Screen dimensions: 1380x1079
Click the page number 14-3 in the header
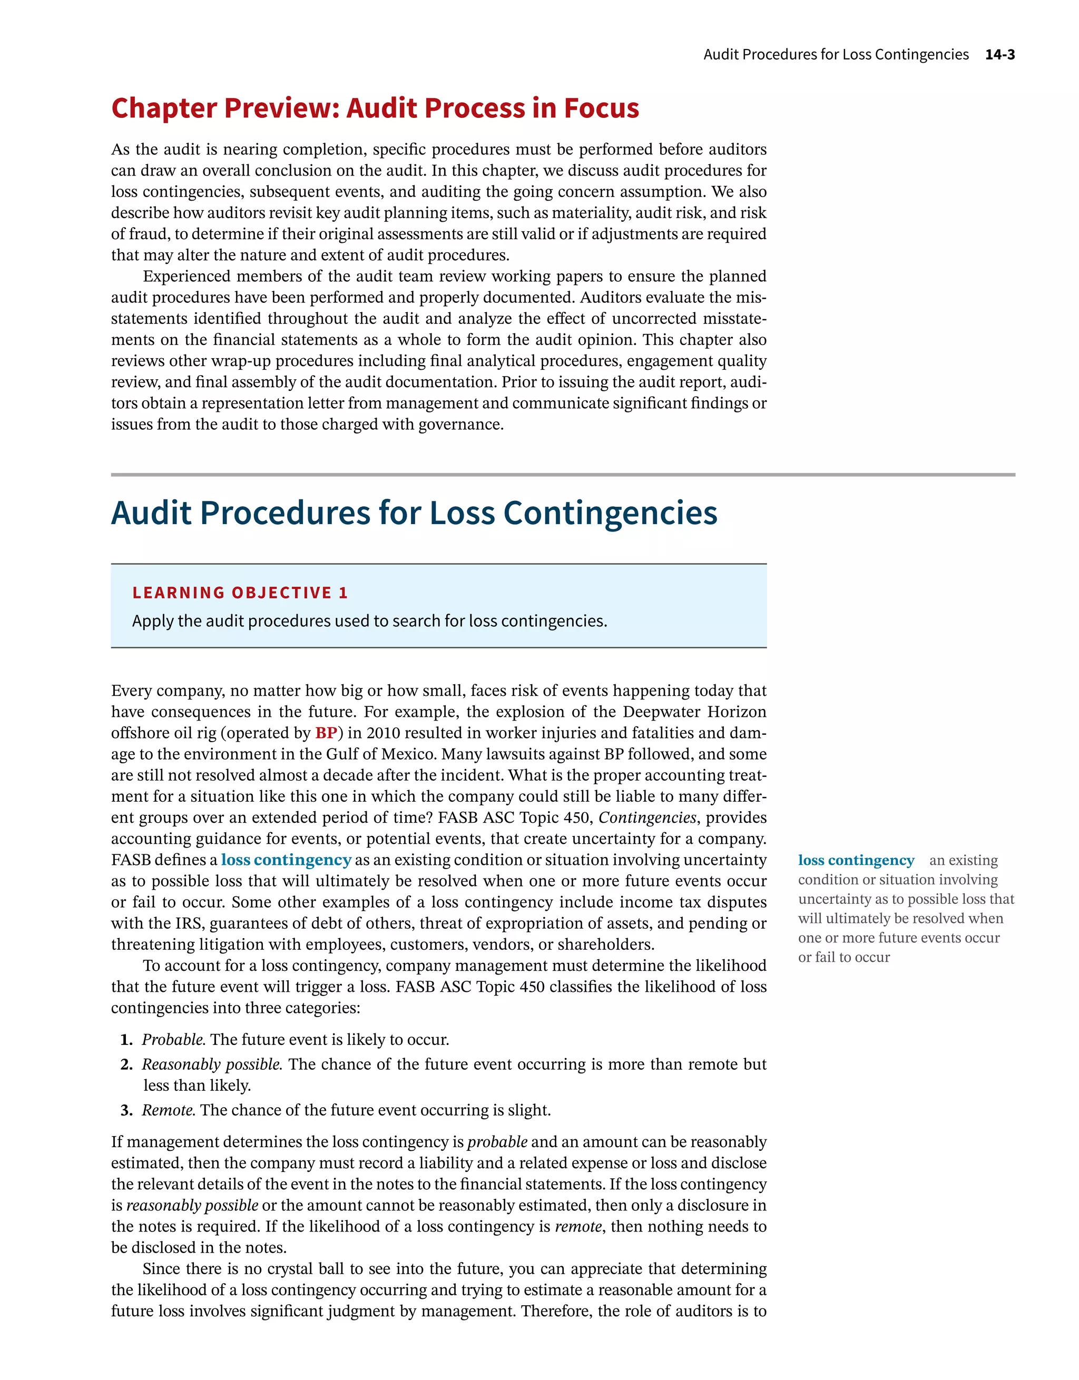coord(999,54)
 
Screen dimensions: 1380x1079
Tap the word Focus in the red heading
coord(601,108)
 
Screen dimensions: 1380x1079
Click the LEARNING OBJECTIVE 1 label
coord(240,593)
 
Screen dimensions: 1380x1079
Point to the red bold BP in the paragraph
coord(326,733)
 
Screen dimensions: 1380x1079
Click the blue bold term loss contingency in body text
coord(286,860)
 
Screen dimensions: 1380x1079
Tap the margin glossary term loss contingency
coord(856,861)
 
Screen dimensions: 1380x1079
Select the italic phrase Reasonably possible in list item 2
coord(211,1064)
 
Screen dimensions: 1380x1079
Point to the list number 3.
coord(126,1111)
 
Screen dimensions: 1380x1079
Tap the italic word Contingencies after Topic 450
coord(648,817)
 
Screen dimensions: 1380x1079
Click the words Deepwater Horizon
coord(694,712)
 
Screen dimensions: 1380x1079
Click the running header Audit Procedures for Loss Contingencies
coord(836,54)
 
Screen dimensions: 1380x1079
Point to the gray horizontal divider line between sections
coord(563,475)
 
